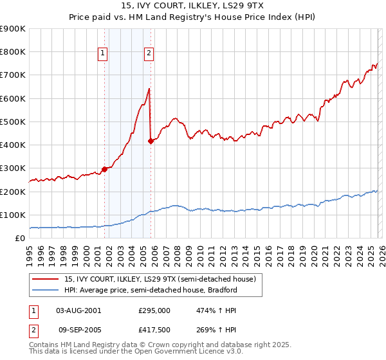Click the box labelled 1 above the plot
point(103,54)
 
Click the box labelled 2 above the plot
point(149,54)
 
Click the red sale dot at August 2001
point(104,169)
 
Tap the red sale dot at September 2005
point(151,141)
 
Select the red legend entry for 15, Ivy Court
point(160,279)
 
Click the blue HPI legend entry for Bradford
point(151,290)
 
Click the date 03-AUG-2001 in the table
point(78,310)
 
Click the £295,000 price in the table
point(154,310)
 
